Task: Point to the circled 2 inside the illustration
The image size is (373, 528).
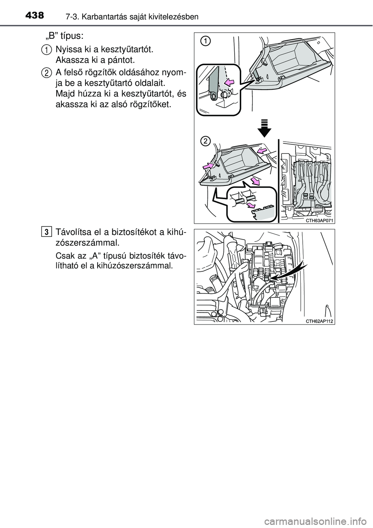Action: pos(206,142)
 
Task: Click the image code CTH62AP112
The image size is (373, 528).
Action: pos(320,321)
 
